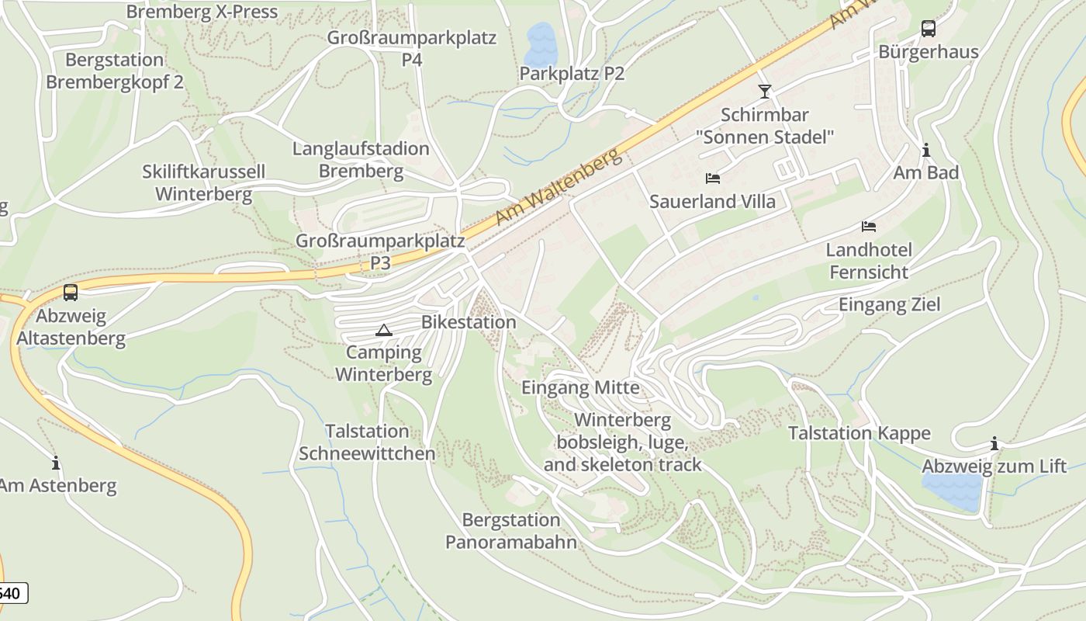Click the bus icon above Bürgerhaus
[x=928, y=29]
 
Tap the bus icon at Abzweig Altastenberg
[x=71, y=293]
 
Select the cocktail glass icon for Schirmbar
[x=765, y=92]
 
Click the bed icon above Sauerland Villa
[x=713, y=179]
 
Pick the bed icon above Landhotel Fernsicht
[x=869, y=227]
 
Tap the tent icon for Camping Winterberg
[x=383, y=330]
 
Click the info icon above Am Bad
[x=925, y=150]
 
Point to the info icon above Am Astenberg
[x=56, y=463]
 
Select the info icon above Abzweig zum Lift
[x=994, y=444]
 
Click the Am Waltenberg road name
[x=559, y=189]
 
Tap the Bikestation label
[x=469, y=322]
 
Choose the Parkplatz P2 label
[x=572, y=74]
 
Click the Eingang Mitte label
[x=581, y=387]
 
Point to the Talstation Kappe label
[x=859, y=433]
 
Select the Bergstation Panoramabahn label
[x=511, y=531]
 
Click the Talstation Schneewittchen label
[x=367, y=442]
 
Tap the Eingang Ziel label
[x=889, y=304]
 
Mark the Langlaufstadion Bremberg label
[x=361, y=160]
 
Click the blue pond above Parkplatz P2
[x=541, y=44]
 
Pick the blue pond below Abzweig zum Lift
[x=952, y=491]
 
